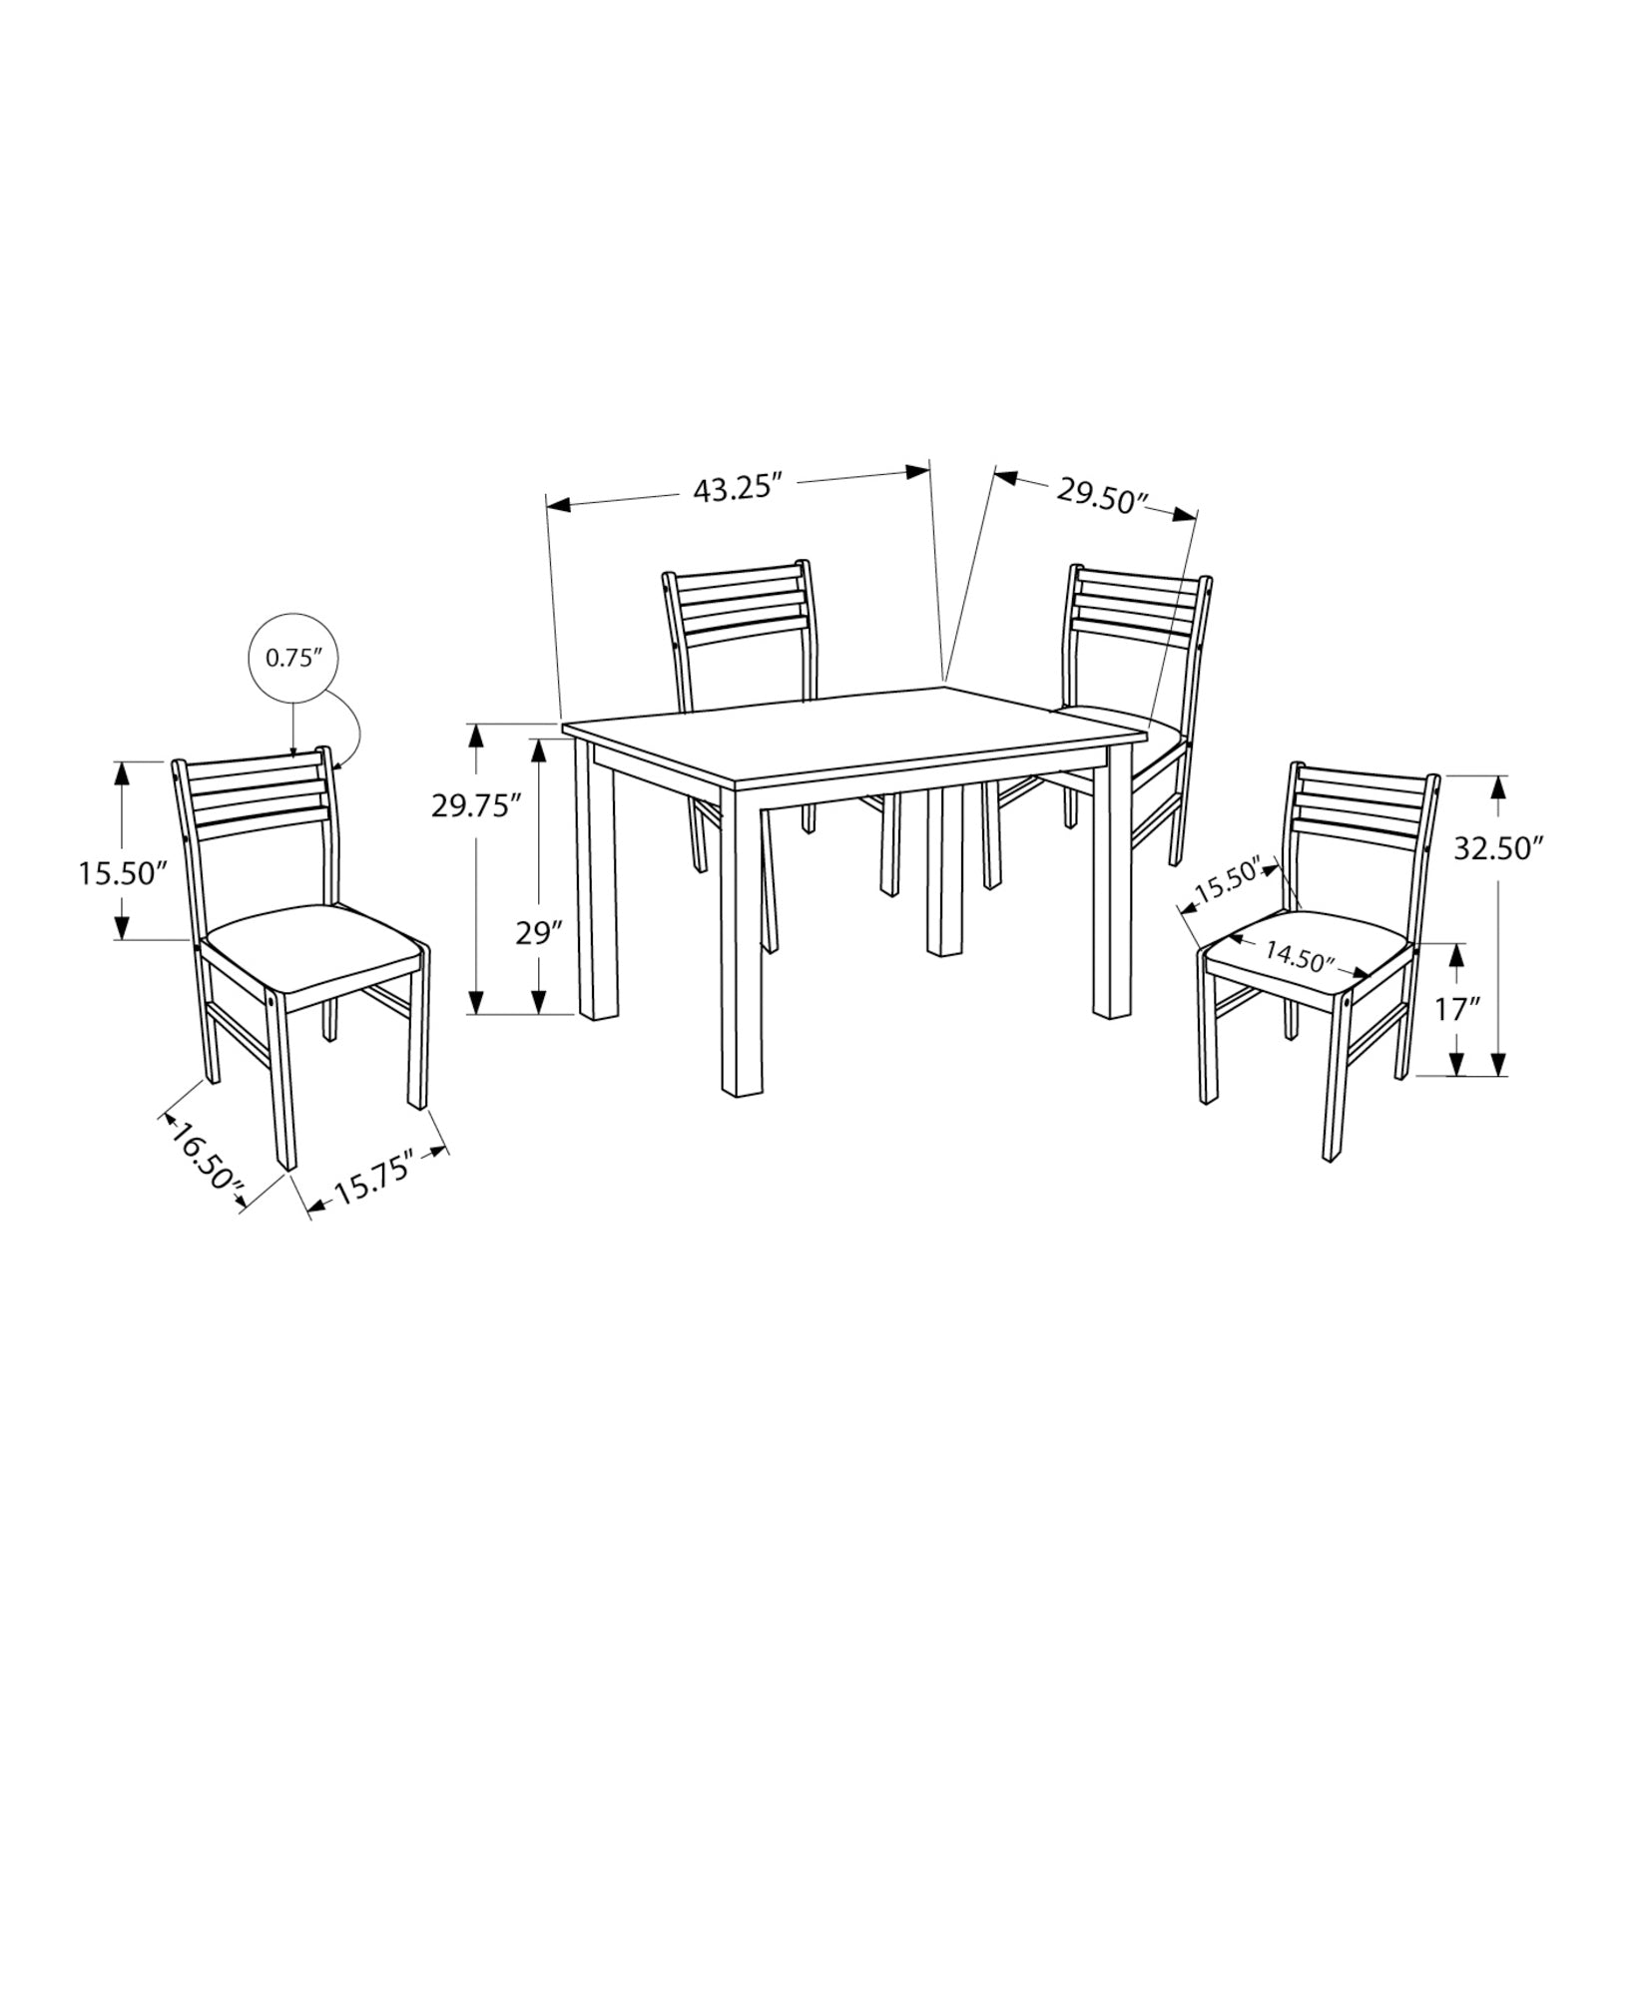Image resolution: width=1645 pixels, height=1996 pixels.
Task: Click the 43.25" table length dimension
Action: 735,489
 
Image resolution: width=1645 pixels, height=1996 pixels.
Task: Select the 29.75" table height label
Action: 476,805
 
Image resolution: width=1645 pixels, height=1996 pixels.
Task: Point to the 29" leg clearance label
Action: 539,934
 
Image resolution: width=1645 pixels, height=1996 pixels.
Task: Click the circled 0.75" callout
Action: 292,658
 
